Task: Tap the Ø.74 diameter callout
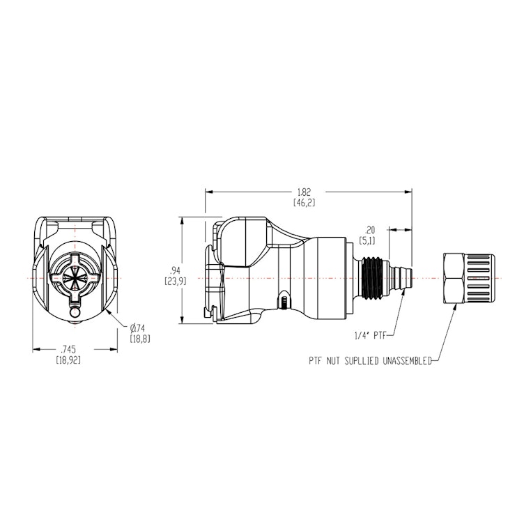pyautogui.click(x=139, y=328)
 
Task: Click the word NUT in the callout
pyautogui.click(x=338, y=361)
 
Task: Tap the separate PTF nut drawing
pyautogui.click(x=469, y=279)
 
